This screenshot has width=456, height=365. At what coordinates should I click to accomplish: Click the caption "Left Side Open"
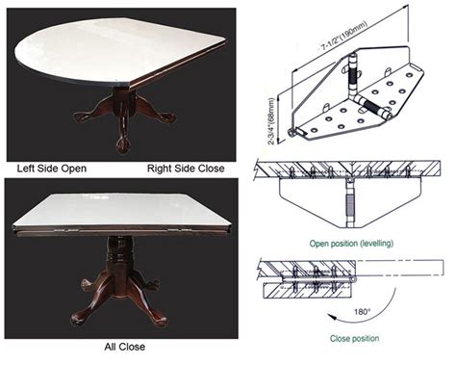(x=52, y=169)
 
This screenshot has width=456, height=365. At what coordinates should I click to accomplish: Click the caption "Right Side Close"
(x=186, y=169)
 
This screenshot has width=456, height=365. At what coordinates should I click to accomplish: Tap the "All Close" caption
(x=124, y=347)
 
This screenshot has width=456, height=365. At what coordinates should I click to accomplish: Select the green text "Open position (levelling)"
(x=351, y=244)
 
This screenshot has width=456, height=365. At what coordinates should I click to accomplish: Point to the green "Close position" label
(x=354, y=338)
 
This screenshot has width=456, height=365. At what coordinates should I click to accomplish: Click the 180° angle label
(x=363, y=312)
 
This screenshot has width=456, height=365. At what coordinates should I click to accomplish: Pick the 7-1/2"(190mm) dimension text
(x=344, y=36)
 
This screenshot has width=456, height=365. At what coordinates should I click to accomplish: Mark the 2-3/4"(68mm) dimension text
(x=271, y=121)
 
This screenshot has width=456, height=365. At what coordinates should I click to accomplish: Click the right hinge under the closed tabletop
(x=180, y=230)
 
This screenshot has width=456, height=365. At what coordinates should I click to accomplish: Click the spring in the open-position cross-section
(x=349, y=205)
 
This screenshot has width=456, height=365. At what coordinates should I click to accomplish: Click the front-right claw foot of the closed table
(x=159, y=320)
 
